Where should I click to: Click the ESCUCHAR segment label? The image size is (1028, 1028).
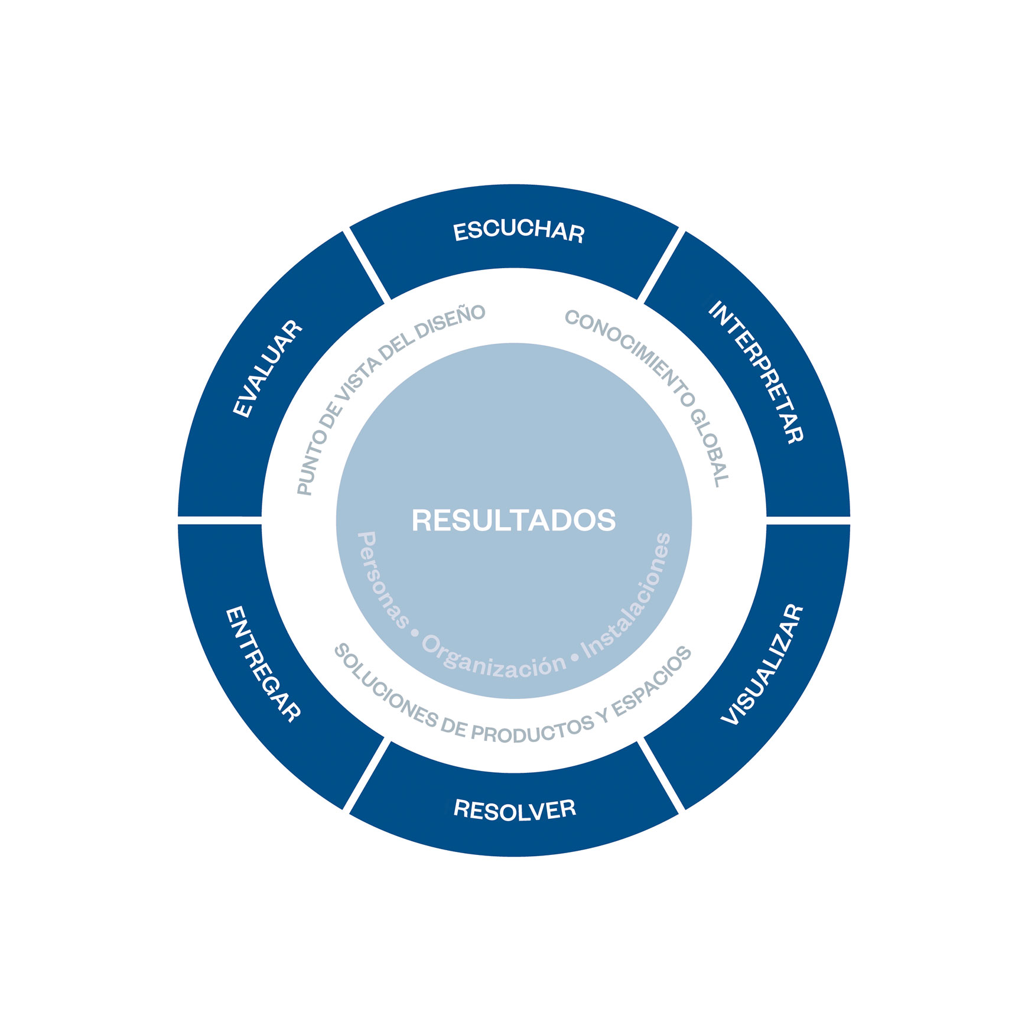[519, 231]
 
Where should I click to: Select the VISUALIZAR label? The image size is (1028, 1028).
[763, 665]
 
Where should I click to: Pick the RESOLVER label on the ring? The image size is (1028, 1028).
[515, 809]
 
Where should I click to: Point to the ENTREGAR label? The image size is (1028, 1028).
[263, 664]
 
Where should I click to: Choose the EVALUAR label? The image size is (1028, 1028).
[268, 369]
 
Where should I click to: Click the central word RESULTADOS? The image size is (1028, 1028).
[514, 520]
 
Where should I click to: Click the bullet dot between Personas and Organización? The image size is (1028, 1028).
[415, 633]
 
